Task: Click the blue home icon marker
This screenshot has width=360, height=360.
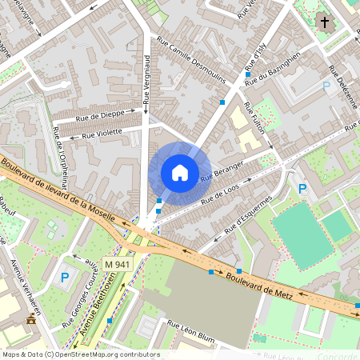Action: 180,172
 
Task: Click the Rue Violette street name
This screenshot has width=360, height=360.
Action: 99,132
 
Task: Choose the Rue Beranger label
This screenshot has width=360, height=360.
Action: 222,169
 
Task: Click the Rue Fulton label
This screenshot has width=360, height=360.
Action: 258,125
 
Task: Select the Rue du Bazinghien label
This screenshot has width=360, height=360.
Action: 273,69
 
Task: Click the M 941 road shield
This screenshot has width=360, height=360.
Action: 118,263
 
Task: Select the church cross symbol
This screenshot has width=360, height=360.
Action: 324,22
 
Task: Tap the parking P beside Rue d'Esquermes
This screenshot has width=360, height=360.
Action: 302,189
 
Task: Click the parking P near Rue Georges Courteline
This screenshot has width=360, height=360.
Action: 65,278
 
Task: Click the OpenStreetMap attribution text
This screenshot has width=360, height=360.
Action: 80,354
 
